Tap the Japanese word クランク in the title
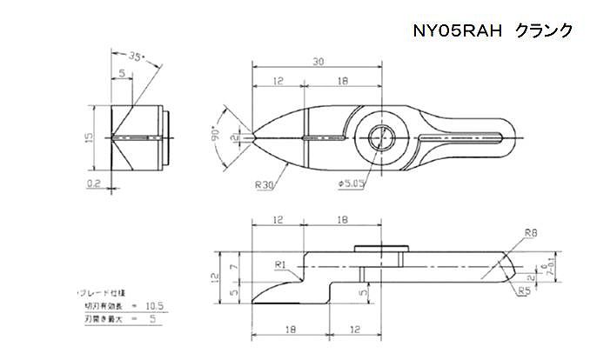tap(543, 30)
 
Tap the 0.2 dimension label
tap(96, 183)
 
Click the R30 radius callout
tap(266, 183)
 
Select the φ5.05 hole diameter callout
tap(352, 183)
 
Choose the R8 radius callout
tap(533, 232)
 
